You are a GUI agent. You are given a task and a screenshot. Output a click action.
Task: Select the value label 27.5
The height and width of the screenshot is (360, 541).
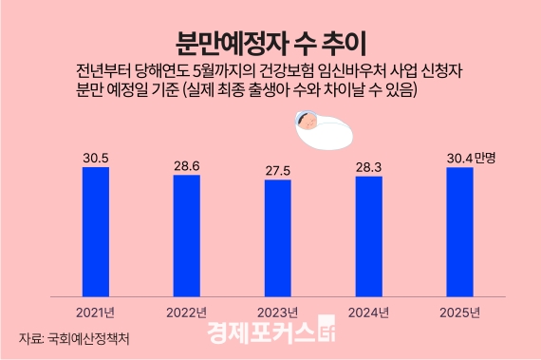pos(277,169)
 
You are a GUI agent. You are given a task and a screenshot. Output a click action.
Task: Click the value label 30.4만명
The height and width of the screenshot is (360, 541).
pos(471,158)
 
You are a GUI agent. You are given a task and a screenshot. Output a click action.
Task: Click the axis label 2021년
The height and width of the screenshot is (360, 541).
pos(95,312)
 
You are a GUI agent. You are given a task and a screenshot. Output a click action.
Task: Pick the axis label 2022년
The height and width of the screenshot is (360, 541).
pos(186,312)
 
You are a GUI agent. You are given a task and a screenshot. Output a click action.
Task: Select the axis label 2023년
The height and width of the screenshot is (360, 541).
pos(277,312)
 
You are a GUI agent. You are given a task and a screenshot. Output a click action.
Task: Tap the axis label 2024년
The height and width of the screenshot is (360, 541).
pos(368,312)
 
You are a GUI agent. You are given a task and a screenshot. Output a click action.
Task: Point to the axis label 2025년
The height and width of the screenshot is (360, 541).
pos(459,312)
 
